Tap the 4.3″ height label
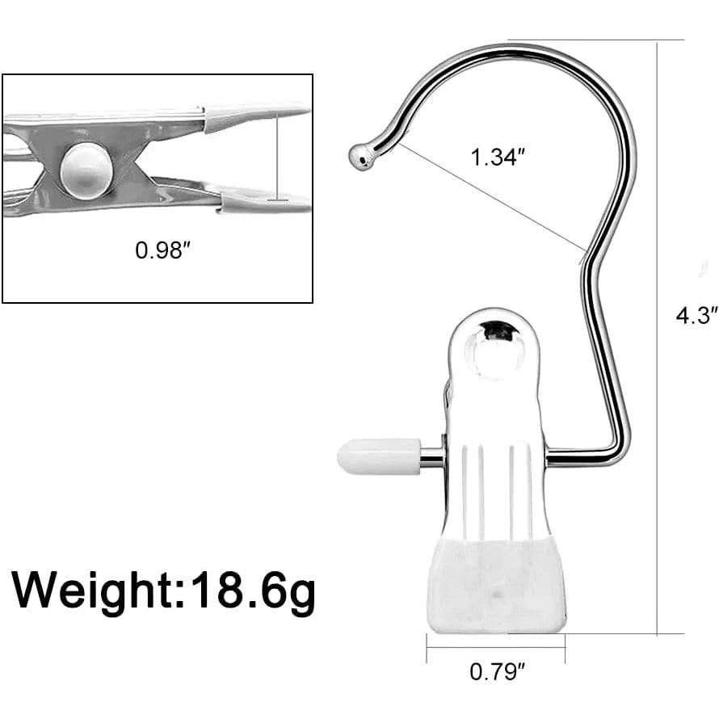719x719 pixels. (x=696, y=315)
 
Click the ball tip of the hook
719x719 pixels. (x=360, y=157)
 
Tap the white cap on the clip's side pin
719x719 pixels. (x=377, y=456)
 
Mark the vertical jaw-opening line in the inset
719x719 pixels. (x=277, y=158)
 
